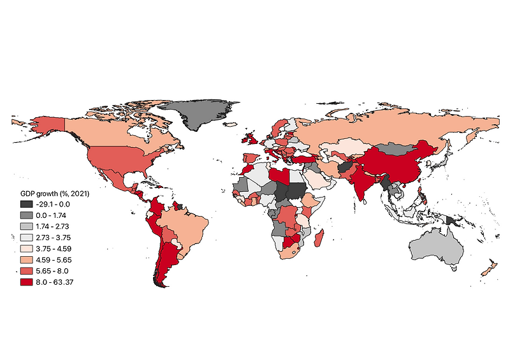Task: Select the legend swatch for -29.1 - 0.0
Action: pos(26,203)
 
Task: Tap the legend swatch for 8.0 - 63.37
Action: pos(26,282)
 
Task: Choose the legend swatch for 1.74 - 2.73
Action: pos(26,226)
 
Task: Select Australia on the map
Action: pos(437,246)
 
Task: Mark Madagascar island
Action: pos(321,240)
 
